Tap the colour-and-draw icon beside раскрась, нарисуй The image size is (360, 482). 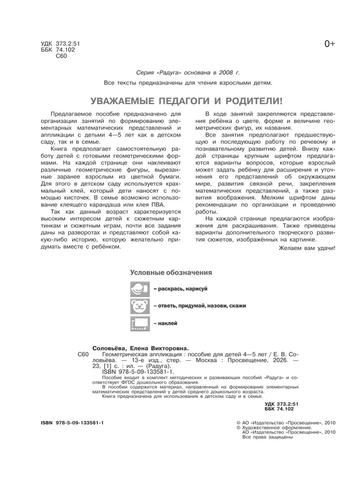point(139,288)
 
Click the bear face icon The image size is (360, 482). point(139,305)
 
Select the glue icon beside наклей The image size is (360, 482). point(139,323)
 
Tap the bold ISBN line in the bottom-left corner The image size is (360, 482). point(72,422)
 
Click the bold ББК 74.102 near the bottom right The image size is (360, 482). point(282,408)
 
